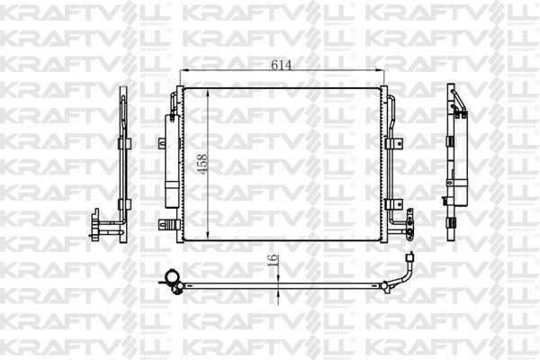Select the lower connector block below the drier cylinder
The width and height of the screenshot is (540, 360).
tap(166, 222)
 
